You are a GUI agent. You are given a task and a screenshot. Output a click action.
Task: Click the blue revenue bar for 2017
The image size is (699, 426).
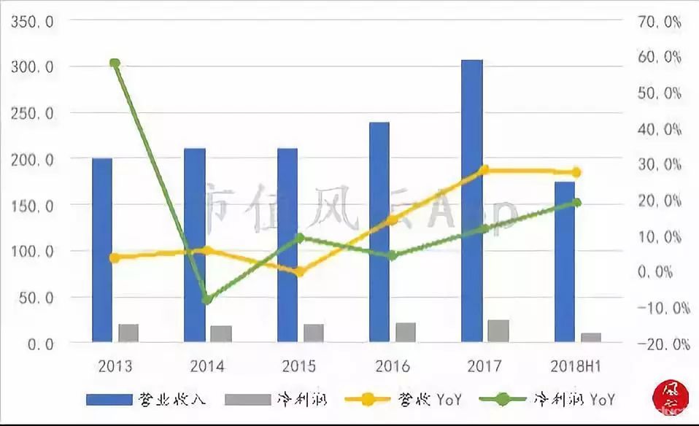pyautogui.click(x=472, y=201)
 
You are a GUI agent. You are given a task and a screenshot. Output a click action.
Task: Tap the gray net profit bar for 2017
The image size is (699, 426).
pyautogui.click(x=498, y=330)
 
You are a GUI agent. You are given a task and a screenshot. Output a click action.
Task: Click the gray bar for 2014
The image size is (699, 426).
pyautogui.click(x=221, y=333)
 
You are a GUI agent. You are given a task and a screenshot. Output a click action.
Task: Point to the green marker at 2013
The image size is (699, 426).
pyautogui.click(x=115, y=63)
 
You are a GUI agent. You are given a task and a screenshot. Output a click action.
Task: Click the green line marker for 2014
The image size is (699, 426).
pyautogui.click(x=207, y=299)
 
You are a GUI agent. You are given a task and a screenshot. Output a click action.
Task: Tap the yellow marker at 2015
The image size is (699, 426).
pyautogui.click(x=299, y=272)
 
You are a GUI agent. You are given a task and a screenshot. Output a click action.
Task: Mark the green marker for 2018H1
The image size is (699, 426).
pyautogui.click(x=576, y=202)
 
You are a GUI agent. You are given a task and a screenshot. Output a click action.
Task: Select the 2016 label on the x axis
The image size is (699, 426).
pyautogui.click(x=393, y=365)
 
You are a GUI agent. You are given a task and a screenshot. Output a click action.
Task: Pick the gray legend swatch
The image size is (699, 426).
pyautogui.click(x=247, y=399)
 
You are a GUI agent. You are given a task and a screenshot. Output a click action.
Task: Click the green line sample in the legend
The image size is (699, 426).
pyautogui.click(x=506, y=399)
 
